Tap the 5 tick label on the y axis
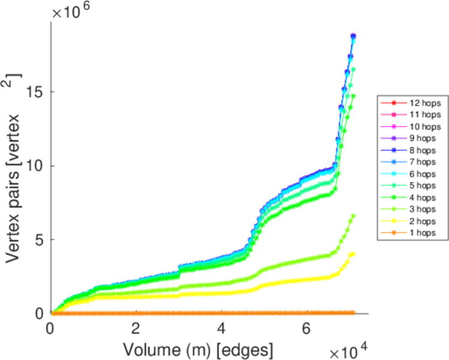[42, 239]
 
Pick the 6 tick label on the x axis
[307, 329]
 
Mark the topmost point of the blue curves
[353, 36]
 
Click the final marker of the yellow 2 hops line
[352, 254]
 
